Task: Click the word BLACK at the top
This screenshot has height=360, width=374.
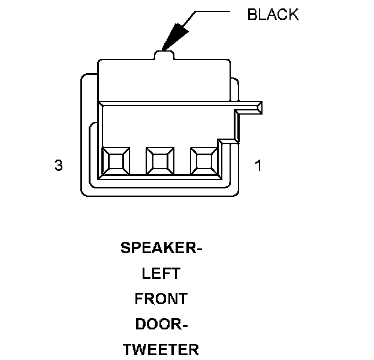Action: tap(273, 15)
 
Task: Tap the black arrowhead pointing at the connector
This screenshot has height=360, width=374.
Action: tap(175, 37)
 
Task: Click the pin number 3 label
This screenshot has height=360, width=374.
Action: tap(58, 166)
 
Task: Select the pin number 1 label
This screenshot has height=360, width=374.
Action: tap(258, 166)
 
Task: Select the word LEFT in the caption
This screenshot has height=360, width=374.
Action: tap(161, 274)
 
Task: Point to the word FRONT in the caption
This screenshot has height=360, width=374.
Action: tap(161, 299)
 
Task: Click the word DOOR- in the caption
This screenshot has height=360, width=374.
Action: tap(161, 324)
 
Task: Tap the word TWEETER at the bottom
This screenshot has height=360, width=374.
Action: tap(161, 349)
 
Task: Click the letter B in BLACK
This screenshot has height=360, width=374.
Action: tap(252, 15)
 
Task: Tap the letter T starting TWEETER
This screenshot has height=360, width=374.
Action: tap(128, 349)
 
